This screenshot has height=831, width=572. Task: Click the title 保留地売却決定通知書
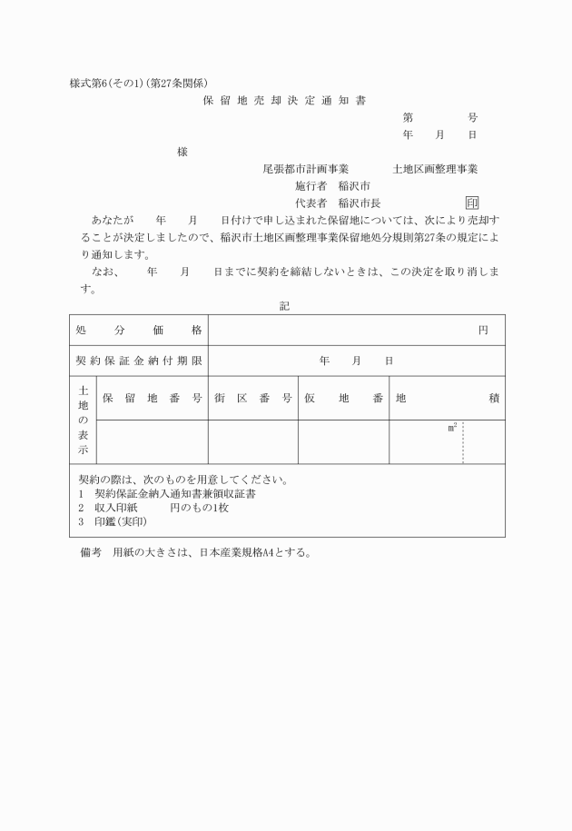point(284,101)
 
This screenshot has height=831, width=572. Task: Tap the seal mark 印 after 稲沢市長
point(471,203)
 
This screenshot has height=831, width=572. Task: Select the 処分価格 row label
point(139,330)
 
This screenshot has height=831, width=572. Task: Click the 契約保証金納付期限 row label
point(139,361)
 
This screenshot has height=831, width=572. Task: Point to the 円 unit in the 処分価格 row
point(483,330)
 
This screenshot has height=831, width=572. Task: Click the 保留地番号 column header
point(152,398)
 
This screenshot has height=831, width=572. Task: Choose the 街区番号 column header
point(252,398)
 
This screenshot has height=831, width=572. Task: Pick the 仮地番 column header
point(343,398)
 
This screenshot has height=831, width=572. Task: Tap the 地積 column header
point(447,398)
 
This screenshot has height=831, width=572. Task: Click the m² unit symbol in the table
point(451,427)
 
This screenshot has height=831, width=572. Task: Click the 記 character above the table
point(284,306)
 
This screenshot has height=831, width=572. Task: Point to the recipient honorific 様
point(182,152)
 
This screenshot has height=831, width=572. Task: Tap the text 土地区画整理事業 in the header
point(435,169)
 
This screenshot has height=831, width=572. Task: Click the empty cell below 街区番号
point(252,441)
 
